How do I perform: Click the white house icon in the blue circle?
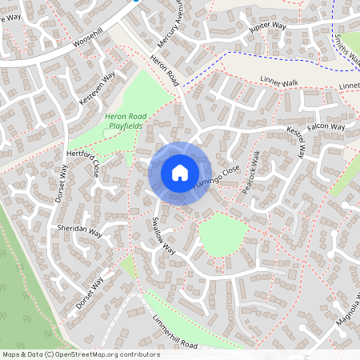[180, 172]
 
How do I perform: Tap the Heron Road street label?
[165, 69]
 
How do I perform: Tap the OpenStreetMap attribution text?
[81, 354]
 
